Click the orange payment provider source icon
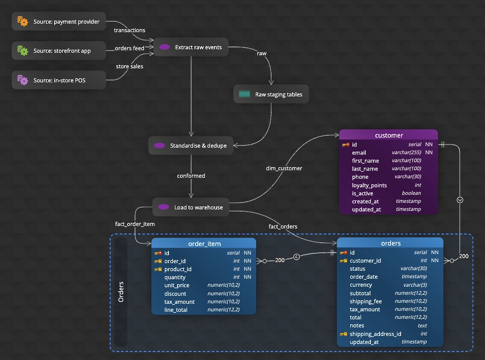(23, 21)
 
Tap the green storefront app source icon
(23, 51)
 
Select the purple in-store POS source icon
(23, 80)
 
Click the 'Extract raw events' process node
(191, 47)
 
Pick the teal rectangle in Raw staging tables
(244, 94)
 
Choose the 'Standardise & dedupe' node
(191, 146)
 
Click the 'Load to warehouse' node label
(199, 207)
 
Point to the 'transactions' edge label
(129, 30)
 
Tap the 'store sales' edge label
(129, 66)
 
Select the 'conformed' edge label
(191, 176)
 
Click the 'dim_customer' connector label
(284, 168)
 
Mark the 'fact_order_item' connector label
(135, 224)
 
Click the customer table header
(389, 135)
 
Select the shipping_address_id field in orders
(375, 334)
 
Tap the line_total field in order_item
(176, 310)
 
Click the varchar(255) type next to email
(407, 152)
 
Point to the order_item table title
(205, 244)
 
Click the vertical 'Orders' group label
(121, 292)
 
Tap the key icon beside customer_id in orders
(343, 261)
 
